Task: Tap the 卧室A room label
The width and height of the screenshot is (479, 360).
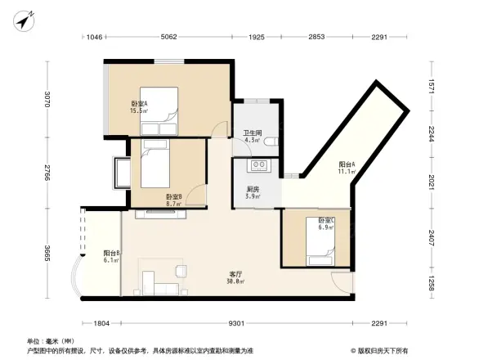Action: click(x=139, y=107)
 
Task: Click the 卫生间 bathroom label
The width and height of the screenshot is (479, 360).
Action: click(x=252, y=137)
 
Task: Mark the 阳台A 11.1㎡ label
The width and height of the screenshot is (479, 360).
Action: click(x=347, y=168)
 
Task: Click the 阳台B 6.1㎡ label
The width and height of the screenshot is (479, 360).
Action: click(x=112, y=256)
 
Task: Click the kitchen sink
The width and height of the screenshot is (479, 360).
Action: click(x=261, y=166)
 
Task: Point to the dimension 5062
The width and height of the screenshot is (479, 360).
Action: click(x=169, y=37)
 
